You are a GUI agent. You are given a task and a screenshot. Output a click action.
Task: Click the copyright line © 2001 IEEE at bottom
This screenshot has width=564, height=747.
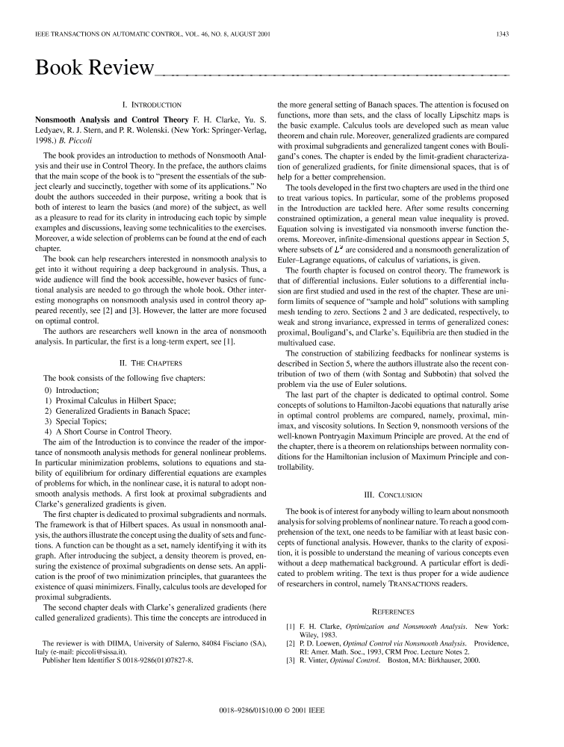(x=281, y=727)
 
